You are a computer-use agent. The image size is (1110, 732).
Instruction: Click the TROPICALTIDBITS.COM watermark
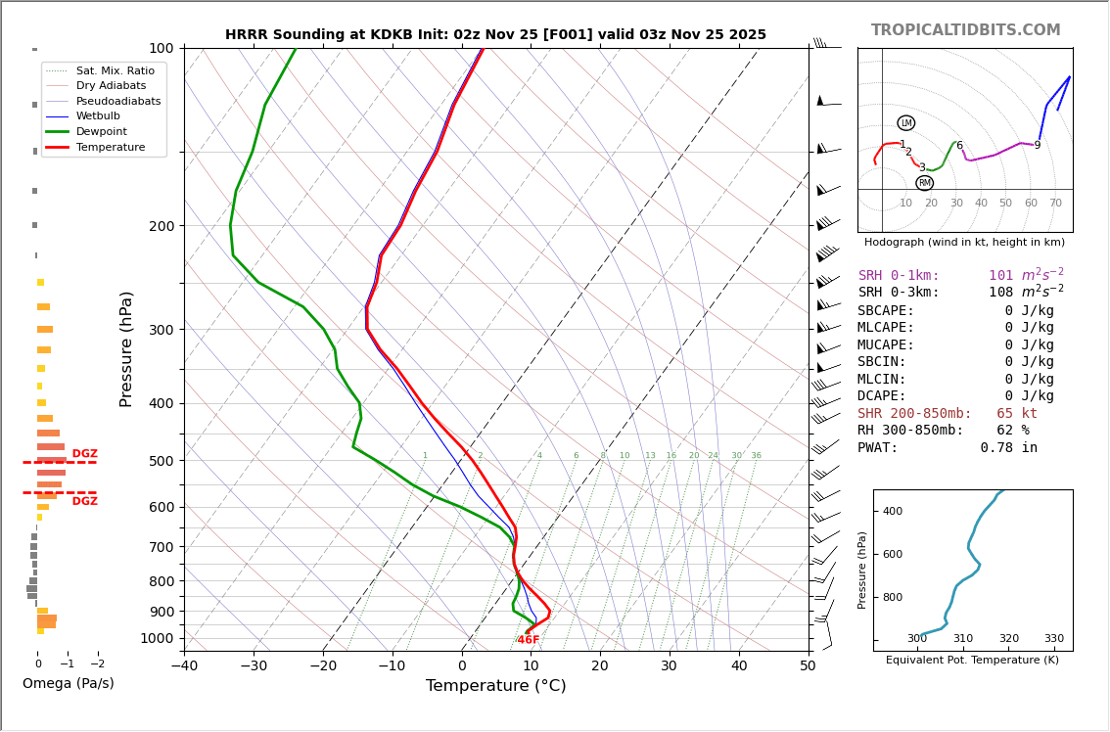point(965,30)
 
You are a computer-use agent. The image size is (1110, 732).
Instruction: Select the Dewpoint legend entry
point(102,131)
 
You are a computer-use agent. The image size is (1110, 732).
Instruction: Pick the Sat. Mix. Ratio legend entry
point(115,70)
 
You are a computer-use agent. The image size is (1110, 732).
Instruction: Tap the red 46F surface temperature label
point(529,640)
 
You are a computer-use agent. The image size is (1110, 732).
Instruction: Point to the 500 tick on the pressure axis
point(161,461)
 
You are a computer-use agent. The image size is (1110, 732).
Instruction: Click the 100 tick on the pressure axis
point(161,48)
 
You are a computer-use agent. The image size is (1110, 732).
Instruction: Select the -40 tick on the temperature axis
point(184,666)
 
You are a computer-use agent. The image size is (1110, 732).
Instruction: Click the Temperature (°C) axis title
point(495,686)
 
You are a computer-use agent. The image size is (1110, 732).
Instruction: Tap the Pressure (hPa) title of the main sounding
point(127,348)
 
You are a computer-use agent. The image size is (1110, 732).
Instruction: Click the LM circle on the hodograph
point(905,123)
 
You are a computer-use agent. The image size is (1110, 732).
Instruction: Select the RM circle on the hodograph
point(924,183)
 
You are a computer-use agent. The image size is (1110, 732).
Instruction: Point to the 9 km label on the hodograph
point(1038,146)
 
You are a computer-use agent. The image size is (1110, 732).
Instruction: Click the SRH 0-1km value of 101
point(1000,276)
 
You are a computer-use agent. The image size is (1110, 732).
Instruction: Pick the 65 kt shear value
point(1017,414)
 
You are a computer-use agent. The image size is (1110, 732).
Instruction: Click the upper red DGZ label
point(85,454)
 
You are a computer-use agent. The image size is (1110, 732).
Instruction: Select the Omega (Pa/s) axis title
point(68,683)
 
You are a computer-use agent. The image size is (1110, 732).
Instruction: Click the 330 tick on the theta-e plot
point(1054,639)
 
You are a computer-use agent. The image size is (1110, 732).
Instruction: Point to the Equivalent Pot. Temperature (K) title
point(972,660)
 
